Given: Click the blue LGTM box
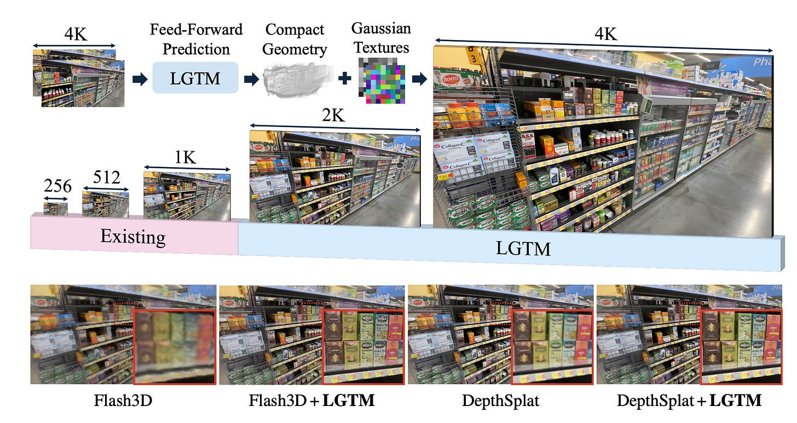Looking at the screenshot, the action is pyautogui.click(x=195, y=78).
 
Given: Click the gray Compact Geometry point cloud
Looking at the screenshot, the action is pyautogui.click(x=296, y=81).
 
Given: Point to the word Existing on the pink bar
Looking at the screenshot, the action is pyautogui.click(x=132, y=237).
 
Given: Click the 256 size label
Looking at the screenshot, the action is pyautogui.click(x=57, y=187).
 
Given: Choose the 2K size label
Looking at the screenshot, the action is pyautogui.click(x=334, y=116).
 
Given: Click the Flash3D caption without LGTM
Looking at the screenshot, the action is pyautogui.click(x=123, y=401).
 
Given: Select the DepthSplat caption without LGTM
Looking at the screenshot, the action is pyautogui.click(x=500, y=401).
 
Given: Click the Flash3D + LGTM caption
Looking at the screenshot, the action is pyautogui.click(x=311, y=401).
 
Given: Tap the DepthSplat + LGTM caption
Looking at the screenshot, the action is pyautogui.click(x=689, y=401).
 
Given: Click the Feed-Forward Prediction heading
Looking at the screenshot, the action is pyautogui.click(x=196, y=38).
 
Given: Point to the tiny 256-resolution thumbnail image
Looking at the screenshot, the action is pyautogui.click(x=56, y=208).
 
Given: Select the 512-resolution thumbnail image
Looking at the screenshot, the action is pyautogui.click(x=105, y=204).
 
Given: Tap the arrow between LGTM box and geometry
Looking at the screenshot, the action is pyautogui.click(x=251, y=79).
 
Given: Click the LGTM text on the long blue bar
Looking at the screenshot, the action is pyautogui.click(x=523, y=249).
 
